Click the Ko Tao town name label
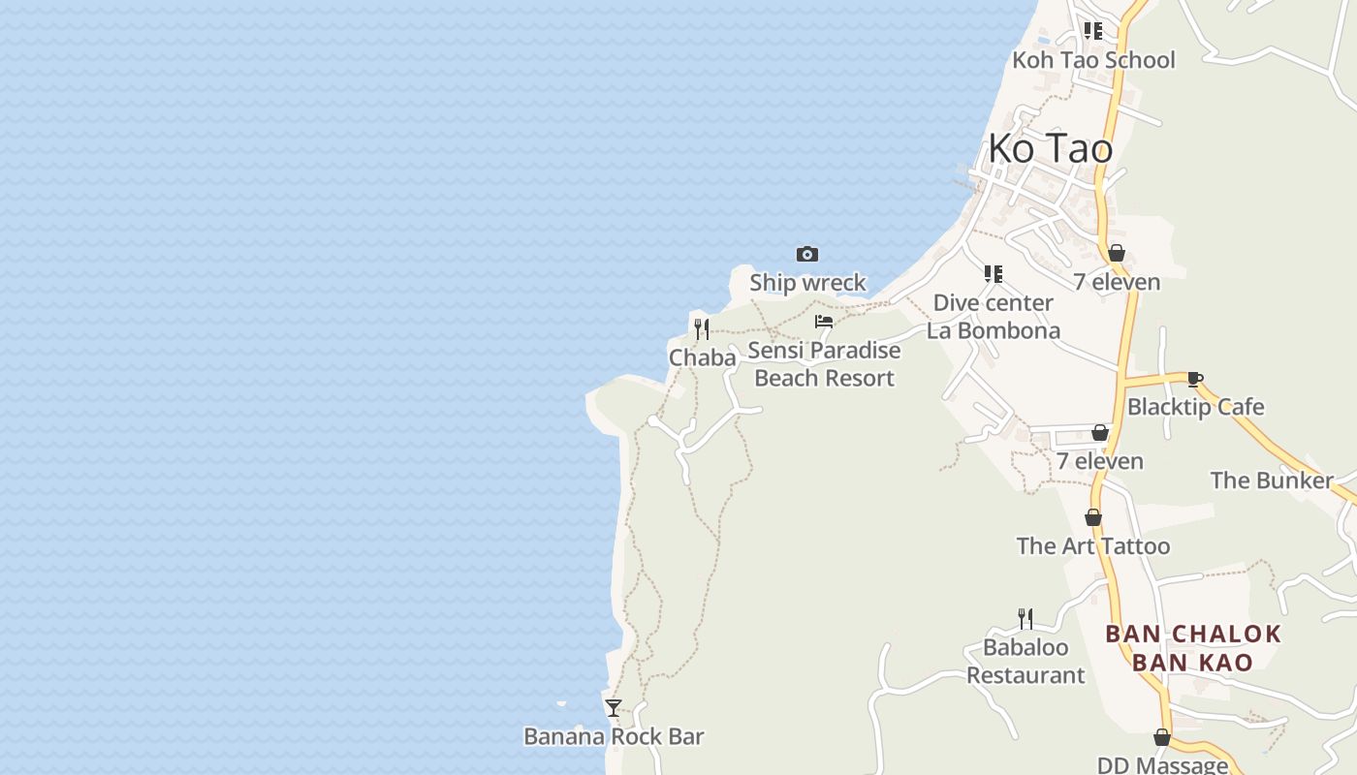1050,148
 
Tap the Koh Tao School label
1093,60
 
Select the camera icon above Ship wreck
806,254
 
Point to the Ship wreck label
807,282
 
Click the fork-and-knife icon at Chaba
701,328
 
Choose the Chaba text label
702,357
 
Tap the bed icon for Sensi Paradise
824,322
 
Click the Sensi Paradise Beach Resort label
824,364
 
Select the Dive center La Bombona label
993,317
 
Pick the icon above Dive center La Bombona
993,274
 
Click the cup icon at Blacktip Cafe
1194,379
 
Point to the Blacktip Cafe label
1195,407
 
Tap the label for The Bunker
1271,480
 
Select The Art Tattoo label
1092,546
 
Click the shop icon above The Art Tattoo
1092,517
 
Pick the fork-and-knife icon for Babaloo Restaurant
1025,618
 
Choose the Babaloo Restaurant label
1026,661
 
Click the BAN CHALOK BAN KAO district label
1192,648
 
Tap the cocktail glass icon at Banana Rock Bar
613,708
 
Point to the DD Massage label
1161,765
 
